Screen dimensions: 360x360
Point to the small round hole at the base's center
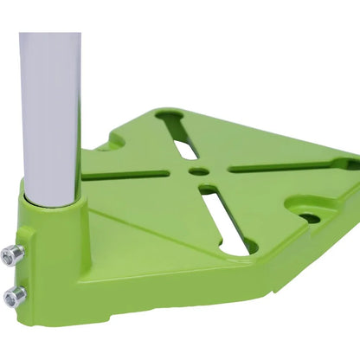click(199, 171)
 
